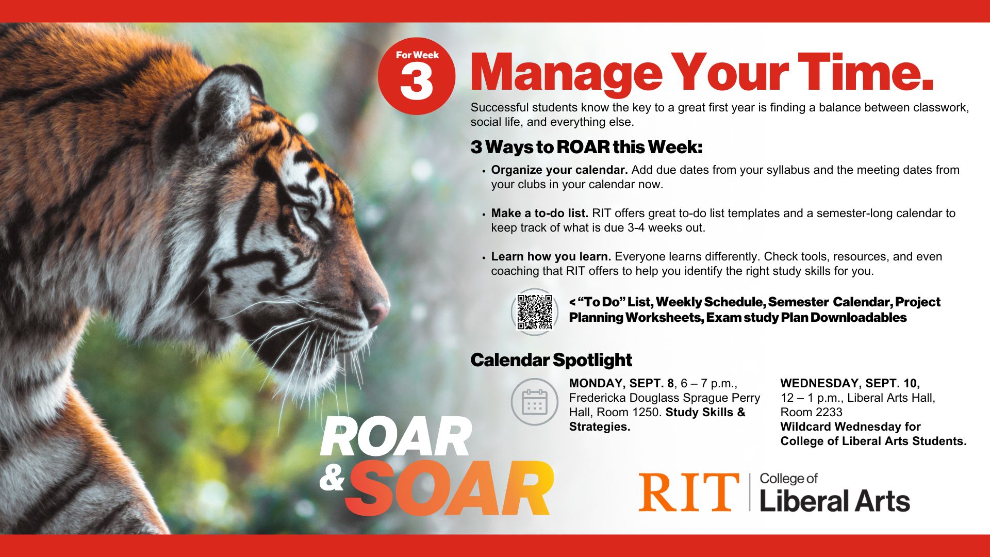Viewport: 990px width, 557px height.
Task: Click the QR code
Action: point(535,312)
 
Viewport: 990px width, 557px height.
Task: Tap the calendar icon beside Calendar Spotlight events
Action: point(535,402)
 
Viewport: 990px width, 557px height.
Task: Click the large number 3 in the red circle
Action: point(416,83)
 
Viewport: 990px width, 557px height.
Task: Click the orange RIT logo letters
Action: point(689,492)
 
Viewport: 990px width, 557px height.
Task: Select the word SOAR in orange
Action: point(449,488)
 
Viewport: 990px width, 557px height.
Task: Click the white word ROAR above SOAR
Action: point(396,437)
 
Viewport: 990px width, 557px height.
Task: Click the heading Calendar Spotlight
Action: point(551,360)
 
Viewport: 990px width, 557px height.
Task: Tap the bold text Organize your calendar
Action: point(559,170)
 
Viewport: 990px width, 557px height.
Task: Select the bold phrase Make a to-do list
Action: point(540,213)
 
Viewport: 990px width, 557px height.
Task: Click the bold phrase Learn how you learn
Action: point(551,256)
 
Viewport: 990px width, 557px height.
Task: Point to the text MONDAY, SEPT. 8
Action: point(621,383)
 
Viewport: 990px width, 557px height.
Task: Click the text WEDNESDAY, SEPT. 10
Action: point(850,383)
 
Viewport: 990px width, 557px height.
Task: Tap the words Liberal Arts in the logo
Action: point(835,501)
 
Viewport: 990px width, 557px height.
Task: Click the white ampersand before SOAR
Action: point(332,479)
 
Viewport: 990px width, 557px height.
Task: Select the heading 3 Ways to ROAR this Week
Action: point(586,147)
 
